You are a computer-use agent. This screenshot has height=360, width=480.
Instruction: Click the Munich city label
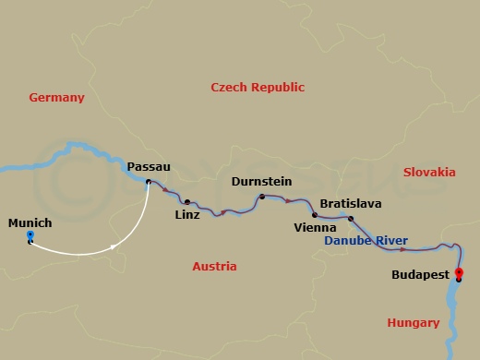click(x=30, y=222)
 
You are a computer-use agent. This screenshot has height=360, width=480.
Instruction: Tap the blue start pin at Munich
click(x=30, y=237)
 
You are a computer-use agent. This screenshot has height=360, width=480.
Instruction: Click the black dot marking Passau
click(x=148, y=182)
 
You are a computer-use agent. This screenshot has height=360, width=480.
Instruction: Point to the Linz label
click(x=186, y=216)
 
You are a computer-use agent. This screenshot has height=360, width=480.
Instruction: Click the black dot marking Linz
click(x=187, y=202)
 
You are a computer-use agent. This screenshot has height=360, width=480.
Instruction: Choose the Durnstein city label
click(x=263, y=181)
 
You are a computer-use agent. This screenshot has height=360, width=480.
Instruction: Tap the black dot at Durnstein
click(x=262, y=197)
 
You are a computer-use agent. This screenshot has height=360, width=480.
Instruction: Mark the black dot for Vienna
click(x=315, y=215)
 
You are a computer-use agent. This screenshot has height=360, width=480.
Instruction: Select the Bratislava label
click(x=350, y=203)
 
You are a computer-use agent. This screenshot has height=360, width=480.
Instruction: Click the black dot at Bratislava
click(x=351, y=219)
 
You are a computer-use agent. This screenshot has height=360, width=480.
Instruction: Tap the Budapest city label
click(x=420, y=275)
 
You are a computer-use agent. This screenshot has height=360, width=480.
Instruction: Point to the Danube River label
click(x=366, y=241)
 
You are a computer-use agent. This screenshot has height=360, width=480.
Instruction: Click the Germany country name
click(x=56, y=98)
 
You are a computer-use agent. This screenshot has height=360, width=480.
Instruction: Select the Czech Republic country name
click(x=258, y=88)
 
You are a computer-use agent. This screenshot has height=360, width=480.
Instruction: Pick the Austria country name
click(x=214, y=267)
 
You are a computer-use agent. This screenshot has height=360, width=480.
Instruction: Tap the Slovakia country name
click(x=429, y=173)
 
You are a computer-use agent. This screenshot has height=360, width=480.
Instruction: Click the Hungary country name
click(x=413, y=323)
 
